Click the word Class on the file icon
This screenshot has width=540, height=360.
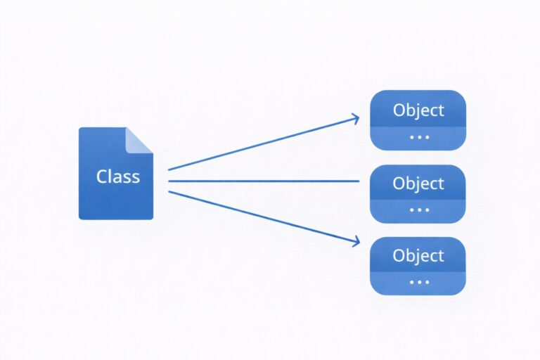coord(117,176)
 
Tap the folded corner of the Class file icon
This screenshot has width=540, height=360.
coord(139,139)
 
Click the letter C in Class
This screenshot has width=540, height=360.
coord(103,176)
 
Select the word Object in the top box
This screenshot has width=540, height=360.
coord(418,110)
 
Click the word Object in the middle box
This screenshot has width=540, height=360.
coord(418,184)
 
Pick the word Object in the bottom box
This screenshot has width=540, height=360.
coord(418,255)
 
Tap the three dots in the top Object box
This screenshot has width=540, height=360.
coord(419,137)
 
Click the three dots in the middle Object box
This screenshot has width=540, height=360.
coord(419,210)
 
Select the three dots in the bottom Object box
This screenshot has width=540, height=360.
coord(419,281)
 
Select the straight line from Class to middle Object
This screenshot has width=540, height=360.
coord(264,181)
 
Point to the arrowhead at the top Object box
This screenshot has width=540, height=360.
coord(354,119)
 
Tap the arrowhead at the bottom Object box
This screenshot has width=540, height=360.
coord(354,243)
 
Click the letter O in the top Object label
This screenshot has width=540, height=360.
coord(399,110)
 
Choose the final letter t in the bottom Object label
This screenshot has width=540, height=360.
coord(441,255)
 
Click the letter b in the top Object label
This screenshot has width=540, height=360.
coord(412,110)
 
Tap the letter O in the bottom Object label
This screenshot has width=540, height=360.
coord(399,255)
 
